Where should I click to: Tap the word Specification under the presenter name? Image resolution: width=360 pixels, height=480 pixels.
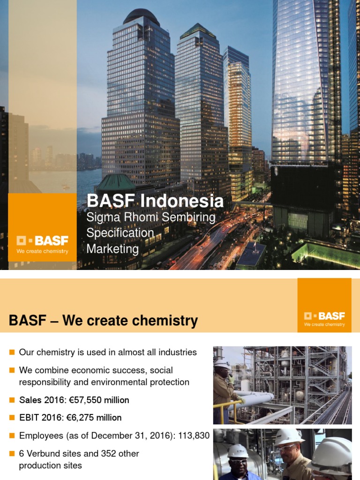(x=120, y=233)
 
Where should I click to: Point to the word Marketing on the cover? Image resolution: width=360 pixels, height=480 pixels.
(x=112, y=249)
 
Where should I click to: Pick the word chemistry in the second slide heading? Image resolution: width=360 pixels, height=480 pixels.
(x=165, y=321)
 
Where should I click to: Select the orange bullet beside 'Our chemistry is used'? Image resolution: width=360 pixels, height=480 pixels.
(x=12, y=352)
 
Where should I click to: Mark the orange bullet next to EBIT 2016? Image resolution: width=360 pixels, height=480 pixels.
(x=12, y=417)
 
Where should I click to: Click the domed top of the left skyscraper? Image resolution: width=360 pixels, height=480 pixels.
(x=141, y=17)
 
